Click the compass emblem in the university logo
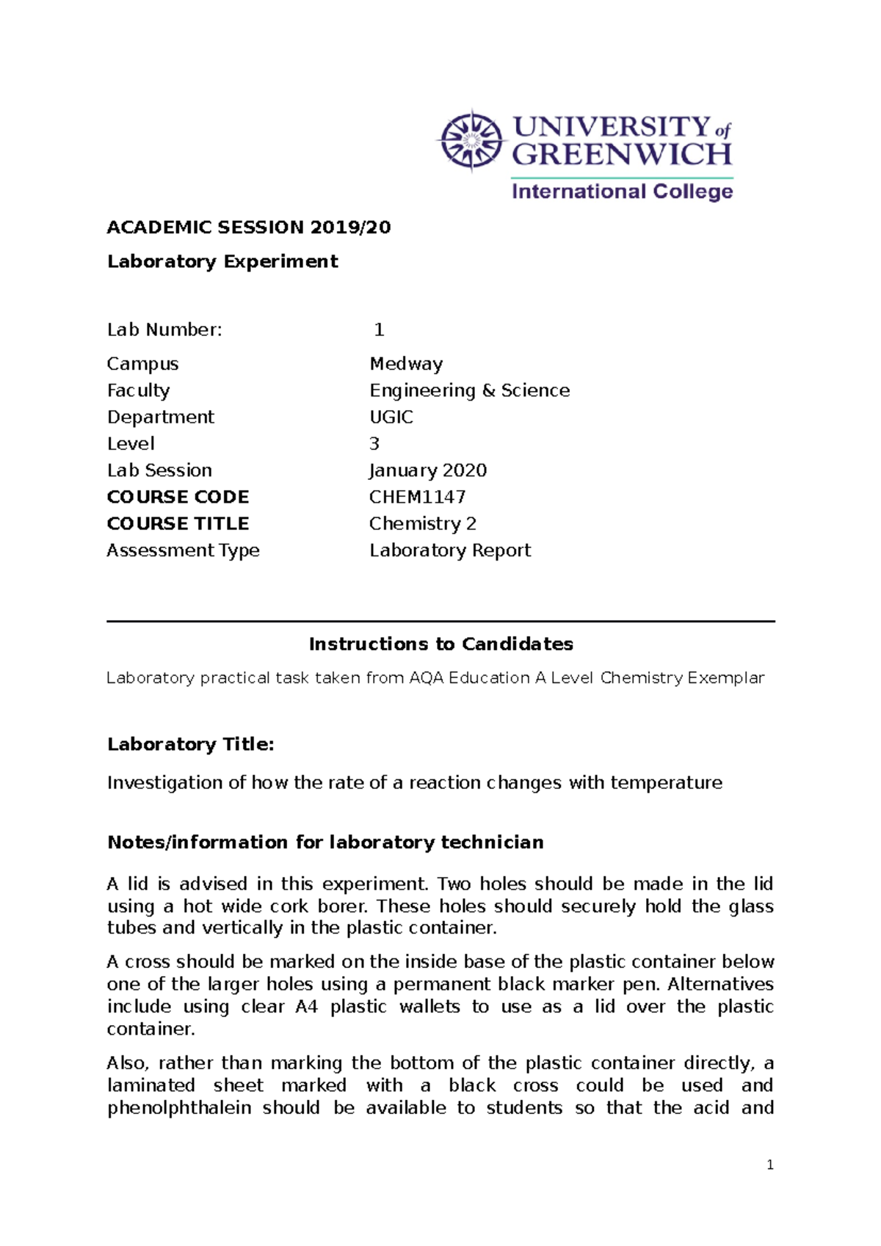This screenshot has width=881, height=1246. (471, 140)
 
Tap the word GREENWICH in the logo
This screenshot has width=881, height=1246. (622, 155)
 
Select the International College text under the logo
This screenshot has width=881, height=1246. (622, 192)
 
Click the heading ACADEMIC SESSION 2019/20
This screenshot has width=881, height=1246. (249, 227)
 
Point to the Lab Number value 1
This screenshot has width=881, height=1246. (379, 330)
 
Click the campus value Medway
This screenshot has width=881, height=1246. (406, 364)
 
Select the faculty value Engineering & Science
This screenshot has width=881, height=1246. (469, 390)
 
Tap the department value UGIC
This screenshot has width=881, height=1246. (391, 417)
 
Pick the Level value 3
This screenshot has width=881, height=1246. (374, 444)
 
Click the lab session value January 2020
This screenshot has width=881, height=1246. (428, 470)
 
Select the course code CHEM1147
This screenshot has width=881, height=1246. (417, 497)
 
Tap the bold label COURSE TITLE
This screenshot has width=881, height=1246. (178, 523)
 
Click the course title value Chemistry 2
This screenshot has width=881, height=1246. (423, 523)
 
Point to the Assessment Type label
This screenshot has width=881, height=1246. (183, 550)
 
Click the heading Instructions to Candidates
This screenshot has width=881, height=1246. (440, 644)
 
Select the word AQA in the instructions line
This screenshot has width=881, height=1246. (426, 678)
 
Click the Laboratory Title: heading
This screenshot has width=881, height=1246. (191, 744)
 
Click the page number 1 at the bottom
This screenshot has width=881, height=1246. (769, 1165)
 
